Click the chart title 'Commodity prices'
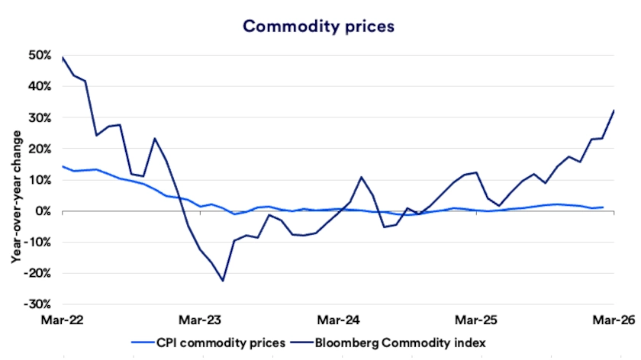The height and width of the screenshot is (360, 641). point(318,26)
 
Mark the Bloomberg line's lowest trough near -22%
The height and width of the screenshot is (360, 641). point(223,281)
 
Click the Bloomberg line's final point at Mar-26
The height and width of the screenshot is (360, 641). point(615,110)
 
